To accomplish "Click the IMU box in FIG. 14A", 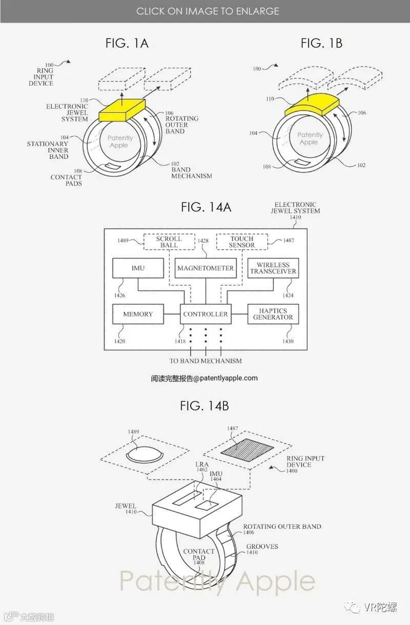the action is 138,268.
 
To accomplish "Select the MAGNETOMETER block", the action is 205,268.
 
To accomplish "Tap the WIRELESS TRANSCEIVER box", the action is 273,268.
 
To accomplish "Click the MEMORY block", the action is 138,314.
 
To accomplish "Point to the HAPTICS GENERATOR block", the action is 273,314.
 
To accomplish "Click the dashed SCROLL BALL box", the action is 169,242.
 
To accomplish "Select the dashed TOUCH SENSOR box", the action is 242,242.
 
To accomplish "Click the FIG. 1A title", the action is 127,44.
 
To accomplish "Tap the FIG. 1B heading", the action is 321,44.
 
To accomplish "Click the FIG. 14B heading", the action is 204,406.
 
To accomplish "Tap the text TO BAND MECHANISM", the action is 206,361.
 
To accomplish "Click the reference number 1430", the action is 288,341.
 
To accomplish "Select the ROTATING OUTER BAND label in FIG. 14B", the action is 282,526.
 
